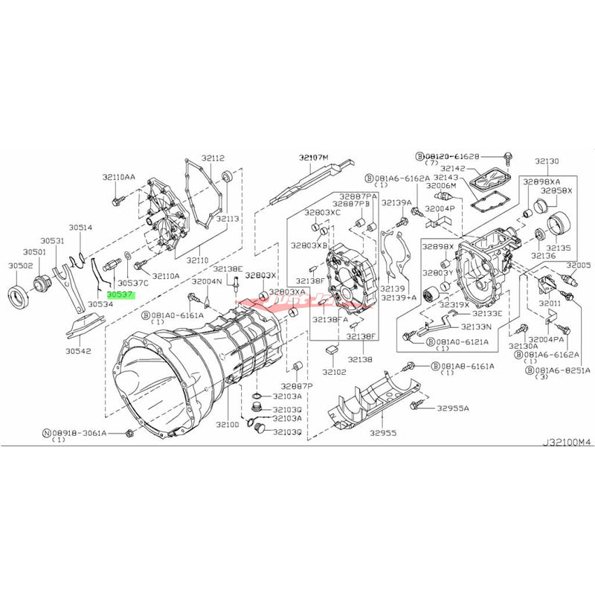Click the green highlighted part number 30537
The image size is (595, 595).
point(119,295)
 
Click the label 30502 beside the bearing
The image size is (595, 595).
point(20,266)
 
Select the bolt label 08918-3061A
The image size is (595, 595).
point(83,432)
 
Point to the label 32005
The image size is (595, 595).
point(577,266)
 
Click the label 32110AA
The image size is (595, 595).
point(119,177)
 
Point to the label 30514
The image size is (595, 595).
point(80,228)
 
